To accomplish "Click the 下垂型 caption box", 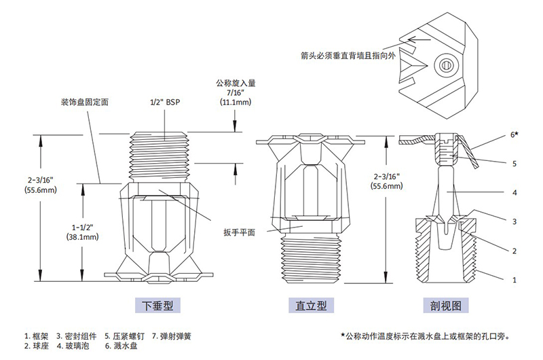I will [x=157, y=305].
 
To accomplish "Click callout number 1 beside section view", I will [x=514, y=280].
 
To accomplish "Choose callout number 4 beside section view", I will [x=514, y=193].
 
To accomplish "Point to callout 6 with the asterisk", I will [x=514, y=134].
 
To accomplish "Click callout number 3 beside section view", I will [x=514, y=221].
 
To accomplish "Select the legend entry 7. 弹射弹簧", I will [x=172, y=336].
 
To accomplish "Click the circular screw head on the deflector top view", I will [x=445, y=65].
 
